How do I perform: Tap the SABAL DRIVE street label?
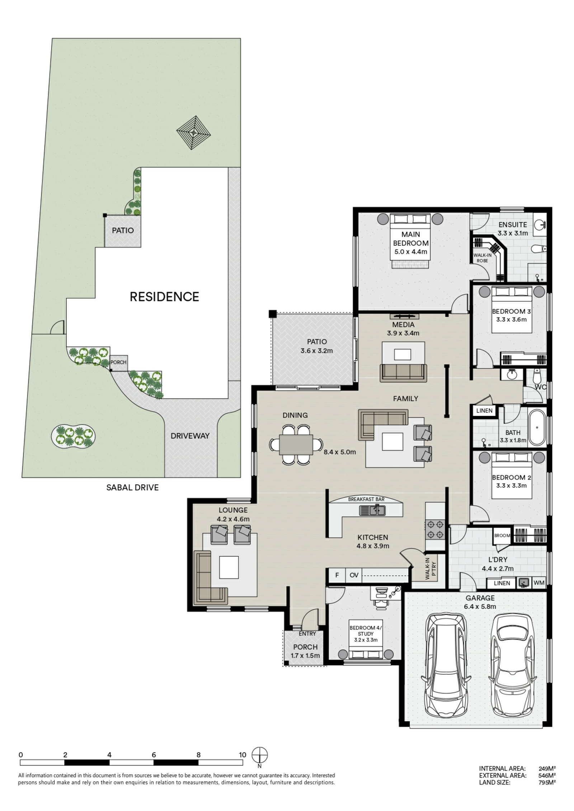click(132, 487)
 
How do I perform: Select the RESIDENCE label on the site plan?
click(164, 297)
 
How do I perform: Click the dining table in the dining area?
click(296, 445)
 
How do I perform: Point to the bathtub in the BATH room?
click(537, 428)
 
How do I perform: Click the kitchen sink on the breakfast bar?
click(372, 510)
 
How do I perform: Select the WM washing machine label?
click(538, 583)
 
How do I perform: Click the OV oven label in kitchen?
click(354, 575)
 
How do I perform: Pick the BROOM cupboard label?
click(502, 536)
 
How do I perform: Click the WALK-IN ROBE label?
click(482, 258)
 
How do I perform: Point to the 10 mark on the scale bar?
click(243, 754)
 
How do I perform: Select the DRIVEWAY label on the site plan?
click(190, 436)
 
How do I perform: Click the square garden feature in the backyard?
click(194, 133)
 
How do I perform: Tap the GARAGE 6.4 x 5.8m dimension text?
click(480, 607)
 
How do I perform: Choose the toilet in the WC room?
click(537, 376)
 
